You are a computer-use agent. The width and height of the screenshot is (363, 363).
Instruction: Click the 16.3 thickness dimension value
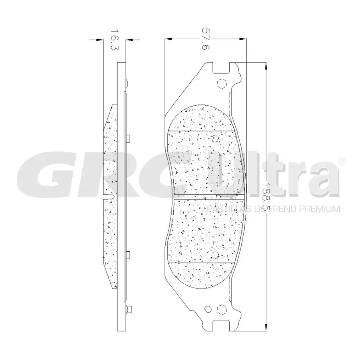point(113,40)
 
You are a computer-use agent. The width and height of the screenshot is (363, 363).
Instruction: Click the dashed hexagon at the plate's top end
point(221,83)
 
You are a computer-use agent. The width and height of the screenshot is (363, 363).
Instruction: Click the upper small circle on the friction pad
point(214,138)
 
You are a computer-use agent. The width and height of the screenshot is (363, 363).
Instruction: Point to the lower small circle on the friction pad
point(214,255)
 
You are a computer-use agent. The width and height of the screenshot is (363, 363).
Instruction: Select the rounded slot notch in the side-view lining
point(112,195)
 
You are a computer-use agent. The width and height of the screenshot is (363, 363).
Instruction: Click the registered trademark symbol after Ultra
point(342,161)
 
